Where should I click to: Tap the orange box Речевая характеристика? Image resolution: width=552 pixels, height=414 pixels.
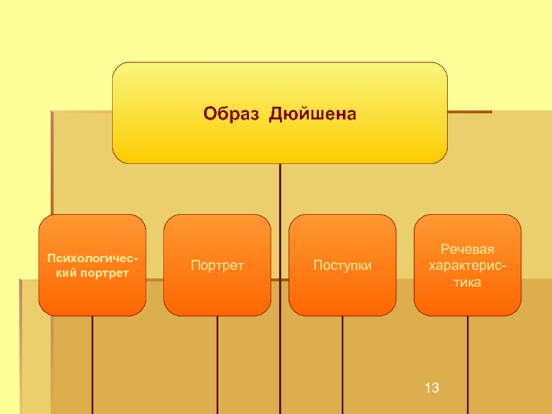[467, 297]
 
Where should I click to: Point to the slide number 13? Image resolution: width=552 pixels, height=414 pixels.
[432, 389]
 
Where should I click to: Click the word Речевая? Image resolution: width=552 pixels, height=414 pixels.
[467, 249]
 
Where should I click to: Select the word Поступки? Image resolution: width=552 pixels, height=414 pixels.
[342, 265]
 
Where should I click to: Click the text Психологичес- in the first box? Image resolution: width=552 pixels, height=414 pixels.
[92, 258]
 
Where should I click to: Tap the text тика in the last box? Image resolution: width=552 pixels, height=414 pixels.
[467, 282]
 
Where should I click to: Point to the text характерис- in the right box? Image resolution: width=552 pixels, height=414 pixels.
[467, 266]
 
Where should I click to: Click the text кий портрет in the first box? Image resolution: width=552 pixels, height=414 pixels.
[92, 273]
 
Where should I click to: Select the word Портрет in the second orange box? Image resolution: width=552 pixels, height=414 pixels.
[217, 265]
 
